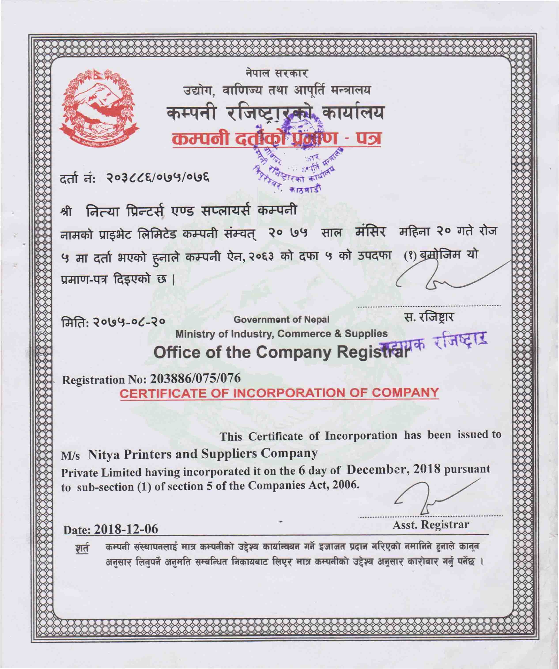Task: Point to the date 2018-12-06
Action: (x=126, y=529)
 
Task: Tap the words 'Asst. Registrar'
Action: (x=431, y=525)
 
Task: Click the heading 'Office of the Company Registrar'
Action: (x=280, y=353)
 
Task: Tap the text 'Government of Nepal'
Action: (x=281, y=319)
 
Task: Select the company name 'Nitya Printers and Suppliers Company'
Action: (x=202, y=453)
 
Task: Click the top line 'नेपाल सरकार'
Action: (x=277, y=74)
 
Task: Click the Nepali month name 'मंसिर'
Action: (x=370, y=232)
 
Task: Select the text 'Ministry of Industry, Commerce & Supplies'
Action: (x=281, y=334)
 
